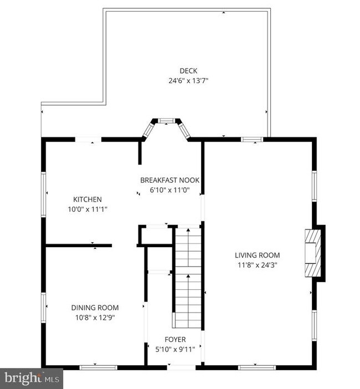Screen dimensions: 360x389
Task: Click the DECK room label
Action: coord(188,71)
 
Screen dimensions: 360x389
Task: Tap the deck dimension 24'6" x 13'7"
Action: coord(188,81)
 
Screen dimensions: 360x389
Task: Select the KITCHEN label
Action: coord(88,199)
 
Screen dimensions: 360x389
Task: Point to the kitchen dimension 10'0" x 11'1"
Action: coord(88,209)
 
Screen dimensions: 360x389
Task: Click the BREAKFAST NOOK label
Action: coord(170,180)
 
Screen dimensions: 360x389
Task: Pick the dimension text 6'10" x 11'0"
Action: coord(170,190)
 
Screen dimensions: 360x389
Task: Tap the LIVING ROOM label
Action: coord(258,255)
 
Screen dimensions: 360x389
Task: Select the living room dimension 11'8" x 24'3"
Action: coord(258,265)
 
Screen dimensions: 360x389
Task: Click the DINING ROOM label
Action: coord(95,308)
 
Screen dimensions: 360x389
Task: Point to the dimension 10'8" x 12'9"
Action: coord(95,318)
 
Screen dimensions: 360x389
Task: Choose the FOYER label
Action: coord(175,340)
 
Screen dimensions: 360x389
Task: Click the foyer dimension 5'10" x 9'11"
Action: coord(175,350)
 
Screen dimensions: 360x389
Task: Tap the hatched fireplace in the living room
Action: coord(313,253)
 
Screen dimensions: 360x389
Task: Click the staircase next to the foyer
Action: coord(188,278)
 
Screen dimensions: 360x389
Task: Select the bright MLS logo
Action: coord(32,378)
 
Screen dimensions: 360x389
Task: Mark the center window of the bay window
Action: coord(166,121)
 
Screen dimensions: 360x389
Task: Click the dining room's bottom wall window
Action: coord(98,367)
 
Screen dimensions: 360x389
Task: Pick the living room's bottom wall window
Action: coord(257,367)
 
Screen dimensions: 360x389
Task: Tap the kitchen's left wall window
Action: coord(44,194)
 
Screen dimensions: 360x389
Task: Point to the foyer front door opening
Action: coord(181,367)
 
